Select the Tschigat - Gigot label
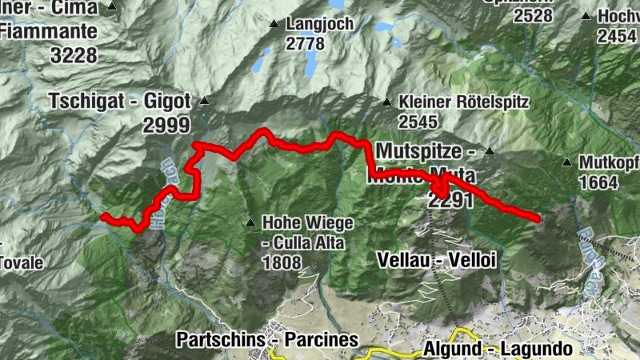119,102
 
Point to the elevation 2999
166,124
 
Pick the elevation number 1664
598,182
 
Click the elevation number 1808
281,262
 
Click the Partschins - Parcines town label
267,339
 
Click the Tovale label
21,262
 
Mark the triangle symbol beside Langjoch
274,24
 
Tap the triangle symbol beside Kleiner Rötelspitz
387,102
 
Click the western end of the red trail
104,216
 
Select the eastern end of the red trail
536,216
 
